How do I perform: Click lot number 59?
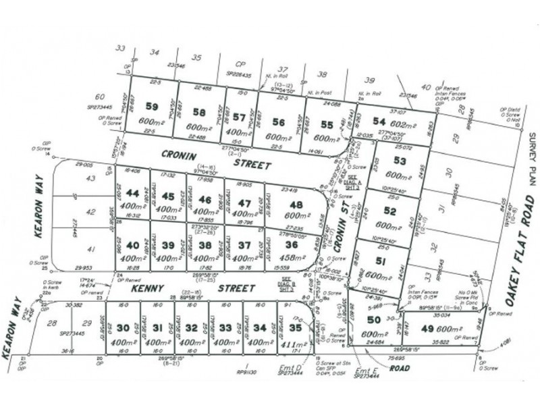[x=153, y=106]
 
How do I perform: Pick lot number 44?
[x=133, y=194]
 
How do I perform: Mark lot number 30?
[x=123, y=328]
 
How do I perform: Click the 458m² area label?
[x=288, y=258]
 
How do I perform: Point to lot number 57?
[x=240, y=115]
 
